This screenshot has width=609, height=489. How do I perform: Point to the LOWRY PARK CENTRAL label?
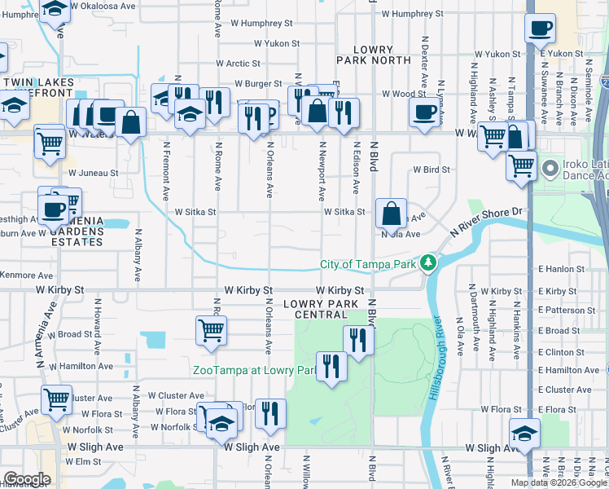pyautogui.click(x=321, y=309)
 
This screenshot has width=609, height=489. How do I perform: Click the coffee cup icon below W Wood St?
pyautogui.click(x=423, y=113)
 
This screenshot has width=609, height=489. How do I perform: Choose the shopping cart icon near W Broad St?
pyautogui.click(x=211, y=330)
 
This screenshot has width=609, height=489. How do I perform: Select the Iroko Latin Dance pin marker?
pyautogui.click(x=550, y=169)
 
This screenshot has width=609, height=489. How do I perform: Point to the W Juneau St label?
pyautogui.click(x=93, y=173)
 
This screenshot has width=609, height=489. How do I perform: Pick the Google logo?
pyautogui.click(x=27, y=479)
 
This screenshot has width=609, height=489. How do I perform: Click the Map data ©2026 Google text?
pyautogui.click(x=558, y=482)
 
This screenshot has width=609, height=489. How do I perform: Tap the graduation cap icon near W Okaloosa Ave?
pyautogui.click(x=55, y=9)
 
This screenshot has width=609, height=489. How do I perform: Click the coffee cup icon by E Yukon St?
pyautogui.click(x=539, y=30)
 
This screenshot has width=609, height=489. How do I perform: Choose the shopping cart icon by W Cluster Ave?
pyautogui.click(x=56, y=399)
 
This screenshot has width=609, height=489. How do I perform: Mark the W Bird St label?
pyautogui.click(x=432, y=170)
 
